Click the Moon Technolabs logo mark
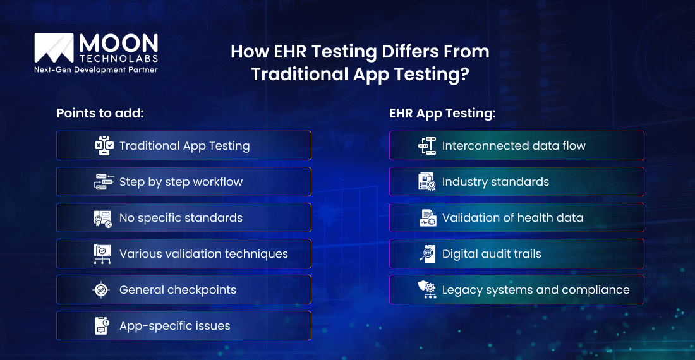54,48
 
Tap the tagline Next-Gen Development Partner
96,70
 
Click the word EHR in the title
275,51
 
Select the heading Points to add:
100,113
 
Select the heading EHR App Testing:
442,113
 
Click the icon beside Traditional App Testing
103,146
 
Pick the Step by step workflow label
181,182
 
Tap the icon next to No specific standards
103,218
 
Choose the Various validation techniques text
203,254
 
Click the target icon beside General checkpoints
102,290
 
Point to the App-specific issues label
174,326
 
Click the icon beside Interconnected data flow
427,146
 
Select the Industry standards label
495,182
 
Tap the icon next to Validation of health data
428,218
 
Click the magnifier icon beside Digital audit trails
427,254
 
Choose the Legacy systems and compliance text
536,290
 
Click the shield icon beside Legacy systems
427,290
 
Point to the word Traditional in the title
293,74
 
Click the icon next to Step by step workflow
103,182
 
